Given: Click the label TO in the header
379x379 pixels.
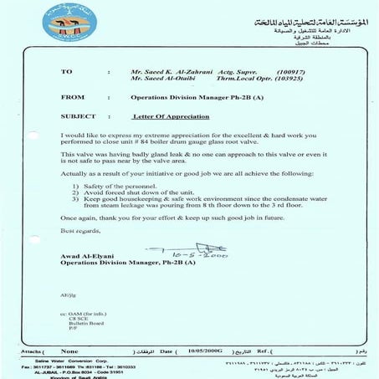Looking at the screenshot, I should [68, 73].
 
